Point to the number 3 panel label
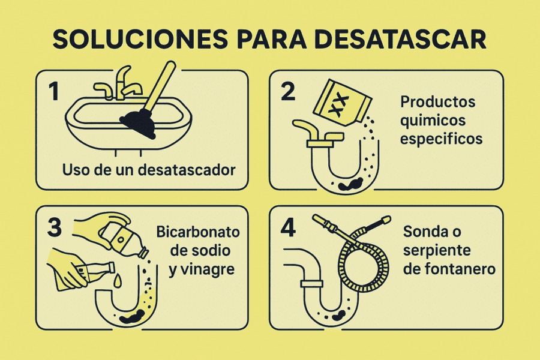coord(55,229)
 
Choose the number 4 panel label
coord(288,229)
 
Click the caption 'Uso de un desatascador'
coord(149,169)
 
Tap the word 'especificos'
coord(442,139)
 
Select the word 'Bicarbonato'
coord(197,232)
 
